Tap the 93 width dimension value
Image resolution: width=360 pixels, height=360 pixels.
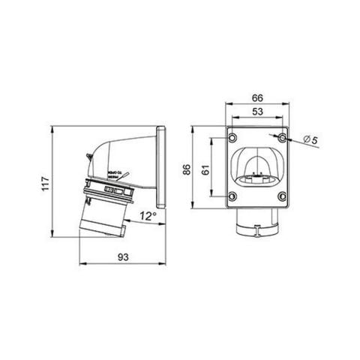point(122,257)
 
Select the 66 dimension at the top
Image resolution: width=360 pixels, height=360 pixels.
point(257,98)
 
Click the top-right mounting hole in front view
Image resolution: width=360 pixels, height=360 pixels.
point(280,139)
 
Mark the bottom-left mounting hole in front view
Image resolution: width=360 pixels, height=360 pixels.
point(233,198)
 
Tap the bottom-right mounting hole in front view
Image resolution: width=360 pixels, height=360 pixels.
point(280,198)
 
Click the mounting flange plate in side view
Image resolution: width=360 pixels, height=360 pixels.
point(160,168)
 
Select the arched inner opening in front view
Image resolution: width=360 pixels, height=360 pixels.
point(257,165)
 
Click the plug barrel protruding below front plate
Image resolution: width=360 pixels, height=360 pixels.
point(257,223)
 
